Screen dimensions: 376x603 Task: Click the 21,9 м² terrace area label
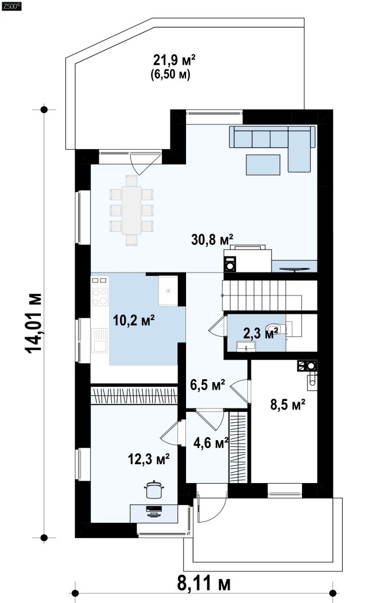click(175, 60)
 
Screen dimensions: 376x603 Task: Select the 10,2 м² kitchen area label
click(134, 320)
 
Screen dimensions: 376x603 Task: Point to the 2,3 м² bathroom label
click(261, 333)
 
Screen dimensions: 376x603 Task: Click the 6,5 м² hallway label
click(208, 384)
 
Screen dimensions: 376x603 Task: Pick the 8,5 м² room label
click(288, 404)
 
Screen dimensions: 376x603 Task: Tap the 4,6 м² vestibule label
click(211, 443)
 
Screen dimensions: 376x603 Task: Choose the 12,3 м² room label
click(149, 459)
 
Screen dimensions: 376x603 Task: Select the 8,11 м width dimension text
click(204, 583)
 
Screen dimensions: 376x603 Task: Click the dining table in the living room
click(131, 211)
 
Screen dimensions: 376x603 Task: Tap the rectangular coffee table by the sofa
click(263, 165)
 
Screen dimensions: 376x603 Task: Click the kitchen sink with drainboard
click(99, 340)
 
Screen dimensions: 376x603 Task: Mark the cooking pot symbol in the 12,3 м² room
click(154, 489)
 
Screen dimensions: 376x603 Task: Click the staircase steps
click(262, 295)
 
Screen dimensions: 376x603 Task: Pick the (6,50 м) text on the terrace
click(170, 74)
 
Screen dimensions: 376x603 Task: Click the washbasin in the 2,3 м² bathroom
click(246, 346)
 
